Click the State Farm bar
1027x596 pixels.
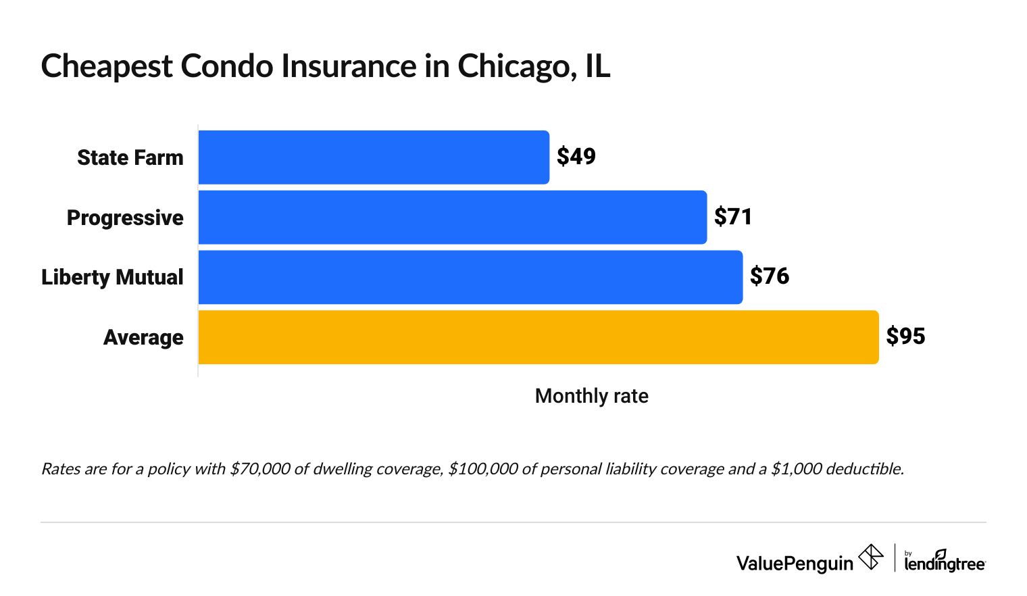[x=374, y=157]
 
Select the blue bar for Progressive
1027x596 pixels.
[x=453, y=218]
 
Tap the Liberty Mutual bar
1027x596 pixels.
[x=470, y=277]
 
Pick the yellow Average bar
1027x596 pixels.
[x=538, y=337]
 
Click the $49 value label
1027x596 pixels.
[x=576, y=157]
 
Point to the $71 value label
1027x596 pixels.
[x=733, y=217]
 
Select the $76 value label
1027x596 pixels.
[x=769, y=276]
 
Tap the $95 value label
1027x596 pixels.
[x=905, y=337]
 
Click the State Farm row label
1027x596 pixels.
[x=130, y=157]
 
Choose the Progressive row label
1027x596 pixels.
[x=125, y=218]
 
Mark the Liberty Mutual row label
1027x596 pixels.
[x=112, y=277]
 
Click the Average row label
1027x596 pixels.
[x=143, y=337]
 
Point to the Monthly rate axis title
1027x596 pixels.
[x=591, y=396]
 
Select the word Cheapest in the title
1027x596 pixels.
[x=107, y=67]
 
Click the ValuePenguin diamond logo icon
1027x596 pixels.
[x=870, y=557]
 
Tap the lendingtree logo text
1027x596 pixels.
[x=945, y=564]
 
